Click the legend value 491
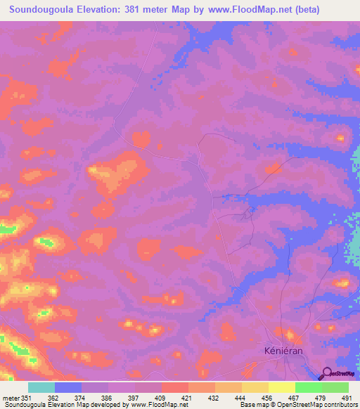(347, 398)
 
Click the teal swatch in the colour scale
(41, 387)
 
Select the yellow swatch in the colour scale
(281, 387)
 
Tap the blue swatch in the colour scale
(68, 387)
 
